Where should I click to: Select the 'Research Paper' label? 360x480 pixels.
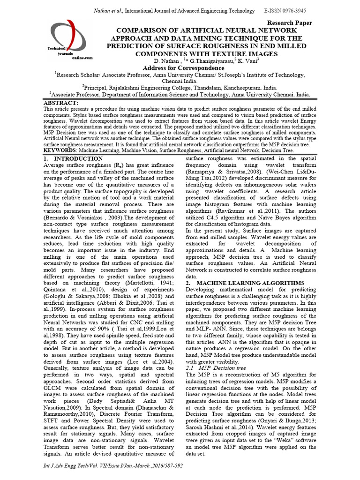289,23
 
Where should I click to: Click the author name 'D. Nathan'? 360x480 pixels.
153,61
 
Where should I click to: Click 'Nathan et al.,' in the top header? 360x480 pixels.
109,10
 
